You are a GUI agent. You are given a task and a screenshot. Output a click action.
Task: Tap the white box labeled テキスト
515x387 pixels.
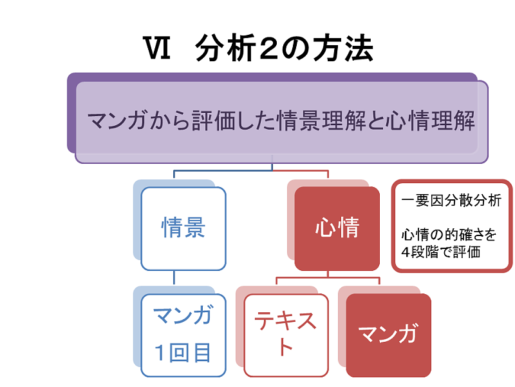click(286, 333)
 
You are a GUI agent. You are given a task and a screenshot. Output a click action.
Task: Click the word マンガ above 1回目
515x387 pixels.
click(183, 316)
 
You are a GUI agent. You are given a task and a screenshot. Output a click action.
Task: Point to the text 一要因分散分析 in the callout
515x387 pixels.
click(451, 201)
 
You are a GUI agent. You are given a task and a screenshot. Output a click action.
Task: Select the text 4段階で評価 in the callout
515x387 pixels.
click(441, 251)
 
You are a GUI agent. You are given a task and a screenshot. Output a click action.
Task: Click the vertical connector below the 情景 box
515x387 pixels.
click(174, 279)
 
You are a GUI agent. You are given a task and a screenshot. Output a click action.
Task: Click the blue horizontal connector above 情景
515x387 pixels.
click(223, 171)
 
